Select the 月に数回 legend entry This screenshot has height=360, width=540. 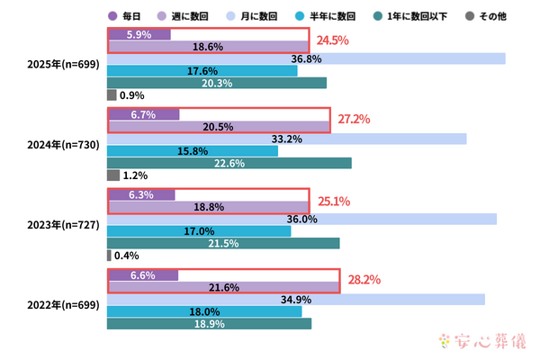coord(234,15)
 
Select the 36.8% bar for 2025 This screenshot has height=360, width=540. coord(306,58)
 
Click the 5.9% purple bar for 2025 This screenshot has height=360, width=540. coord(139,34)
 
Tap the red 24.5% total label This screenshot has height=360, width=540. coord(330,40)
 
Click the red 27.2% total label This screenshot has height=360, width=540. coord(353,119)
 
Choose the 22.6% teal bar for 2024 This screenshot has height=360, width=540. coord(229,163)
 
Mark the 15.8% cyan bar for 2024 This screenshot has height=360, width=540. coord(193,150)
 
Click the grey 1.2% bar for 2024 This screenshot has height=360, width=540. coord(112,175)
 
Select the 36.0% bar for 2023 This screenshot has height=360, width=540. coord(301,219)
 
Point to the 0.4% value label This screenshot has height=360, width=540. coord(126,256)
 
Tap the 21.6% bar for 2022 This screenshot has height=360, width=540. coord(223,287)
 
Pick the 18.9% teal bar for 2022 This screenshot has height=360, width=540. coord(209,323)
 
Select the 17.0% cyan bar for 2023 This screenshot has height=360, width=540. coord(199,231)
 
